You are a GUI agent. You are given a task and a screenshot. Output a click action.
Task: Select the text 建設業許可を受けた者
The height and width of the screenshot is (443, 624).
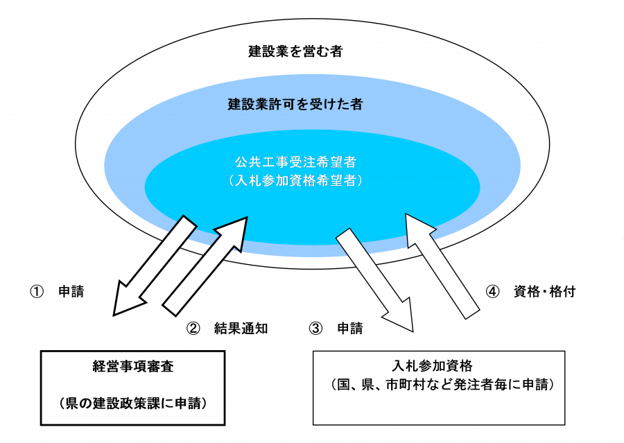pos(295,105)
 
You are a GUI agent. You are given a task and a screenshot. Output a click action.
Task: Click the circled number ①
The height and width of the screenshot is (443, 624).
pos(36,292)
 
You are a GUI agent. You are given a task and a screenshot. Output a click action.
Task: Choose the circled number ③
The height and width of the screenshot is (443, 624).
pos(316,329)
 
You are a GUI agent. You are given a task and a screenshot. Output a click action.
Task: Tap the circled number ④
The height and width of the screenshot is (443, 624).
pos(492,292)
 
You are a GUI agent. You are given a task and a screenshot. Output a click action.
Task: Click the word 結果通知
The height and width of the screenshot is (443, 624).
pos(241,329)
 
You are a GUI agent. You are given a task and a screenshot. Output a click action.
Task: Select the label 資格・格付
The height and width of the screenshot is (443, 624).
pos(544,292)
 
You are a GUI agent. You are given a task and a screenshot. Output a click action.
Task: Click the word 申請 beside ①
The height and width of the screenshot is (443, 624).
pos(71,292)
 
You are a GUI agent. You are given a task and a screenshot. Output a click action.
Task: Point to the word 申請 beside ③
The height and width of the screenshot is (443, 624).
pos(350,329)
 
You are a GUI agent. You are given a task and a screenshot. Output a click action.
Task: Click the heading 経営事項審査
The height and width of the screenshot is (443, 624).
pos(132,365)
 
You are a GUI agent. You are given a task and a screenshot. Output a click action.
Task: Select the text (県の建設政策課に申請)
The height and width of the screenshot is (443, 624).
pos(132,403)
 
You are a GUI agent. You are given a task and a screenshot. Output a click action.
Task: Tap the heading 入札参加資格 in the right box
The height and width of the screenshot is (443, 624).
pos(439,365)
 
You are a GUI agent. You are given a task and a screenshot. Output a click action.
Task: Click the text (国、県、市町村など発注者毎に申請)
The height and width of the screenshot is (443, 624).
pos(439,384)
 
